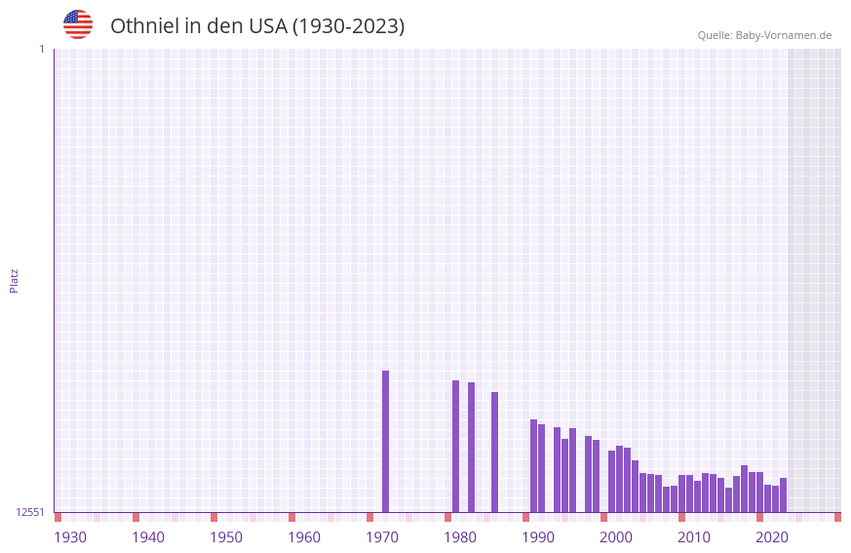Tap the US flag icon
coord(78,24)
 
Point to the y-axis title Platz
coord(14,280)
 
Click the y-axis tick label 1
coord(41,49)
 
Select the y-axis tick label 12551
coord(30,512)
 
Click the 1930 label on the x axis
coord(70,537)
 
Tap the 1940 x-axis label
coord(148,537)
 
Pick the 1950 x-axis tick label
coord(226,537)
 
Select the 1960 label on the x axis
coord(304,537)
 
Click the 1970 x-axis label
coord(382,537)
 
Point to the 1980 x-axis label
coord(460,537)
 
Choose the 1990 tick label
coord(538,537)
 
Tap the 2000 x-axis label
coord(616,537)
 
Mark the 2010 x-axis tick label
coord(694,537)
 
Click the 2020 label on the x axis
coord(772,537)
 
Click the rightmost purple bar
coord(783,495)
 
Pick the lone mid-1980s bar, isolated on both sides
coord(494,452)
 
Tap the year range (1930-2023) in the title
coord(348,26)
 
